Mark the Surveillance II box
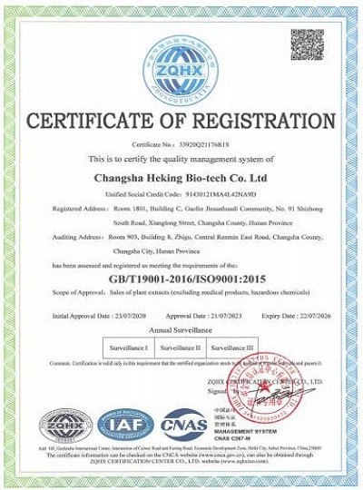click(x=181, y=348)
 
